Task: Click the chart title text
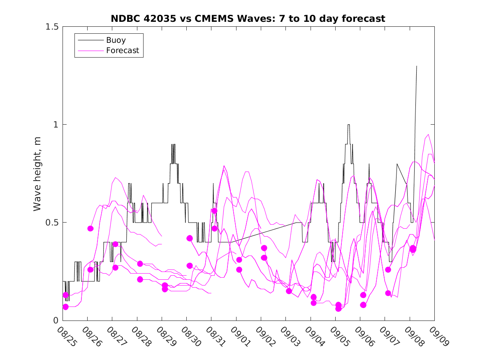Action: pyautogui.click(x=248, y=19)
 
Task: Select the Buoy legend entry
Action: pyautogui.click(x=116, y=40)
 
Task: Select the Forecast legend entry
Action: pyautogui.click(x=123, y=51)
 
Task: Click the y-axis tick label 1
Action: pyautogui.click(x=56, y=125)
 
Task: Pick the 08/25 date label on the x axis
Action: pyautogui.click(x=67, y=337)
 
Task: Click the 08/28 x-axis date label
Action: pyautogui.click(x=141, y=337)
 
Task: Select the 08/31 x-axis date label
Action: pyautogui.click(x=215, y=337)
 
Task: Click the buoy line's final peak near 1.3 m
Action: pyautogui.click(x=417, y=66)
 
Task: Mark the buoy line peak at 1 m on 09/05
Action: pyautogui.click(x=348, y=125)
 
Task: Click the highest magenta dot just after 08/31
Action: pyautogui.click(x=214, y=211)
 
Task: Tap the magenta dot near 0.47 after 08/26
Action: pyautogui.click(x=90, y=228)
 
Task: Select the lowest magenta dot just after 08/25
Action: pyautogui.click(x=65, y=307)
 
